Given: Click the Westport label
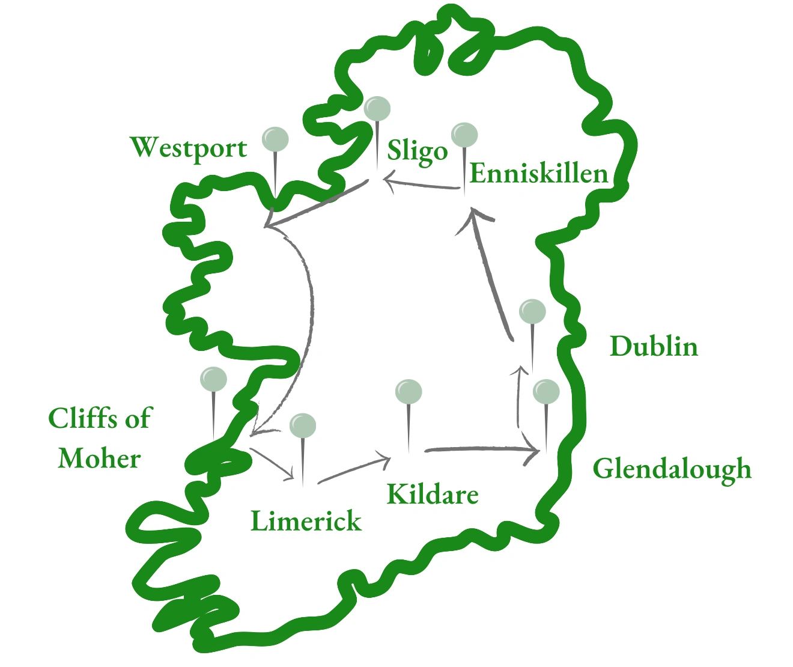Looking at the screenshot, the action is pos(189,148).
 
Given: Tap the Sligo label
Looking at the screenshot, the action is pos(418,151).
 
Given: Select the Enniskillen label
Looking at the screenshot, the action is pos(539,175).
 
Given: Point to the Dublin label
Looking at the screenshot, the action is pos(654,346).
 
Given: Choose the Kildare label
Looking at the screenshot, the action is pos(433,495).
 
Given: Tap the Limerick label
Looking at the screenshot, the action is pos(306,521).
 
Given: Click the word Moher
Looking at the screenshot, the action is pos(100,459).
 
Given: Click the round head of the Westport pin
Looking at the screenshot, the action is pos(275,139).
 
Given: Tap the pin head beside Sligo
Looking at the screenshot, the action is pos(377,109).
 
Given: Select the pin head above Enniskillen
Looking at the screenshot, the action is pos(464,135).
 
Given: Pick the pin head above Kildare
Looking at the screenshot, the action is pos(409,392).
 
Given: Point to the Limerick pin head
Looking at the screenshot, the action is pos(303,426).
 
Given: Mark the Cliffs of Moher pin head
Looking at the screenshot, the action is pos(213,379).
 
